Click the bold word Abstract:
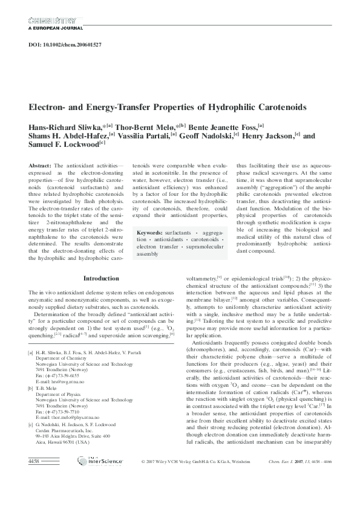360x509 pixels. tap(40, 165)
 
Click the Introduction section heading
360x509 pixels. tap(101, 278)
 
